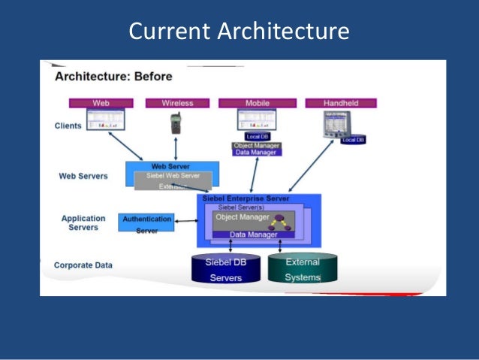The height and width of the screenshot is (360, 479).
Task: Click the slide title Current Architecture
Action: click(x=239, y=32)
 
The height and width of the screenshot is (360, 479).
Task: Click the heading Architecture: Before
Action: click(x=113, y=76)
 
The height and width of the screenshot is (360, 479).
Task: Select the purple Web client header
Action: click(x=101, y=102)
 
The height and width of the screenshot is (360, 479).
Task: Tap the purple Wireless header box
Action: click(x=176, y=102)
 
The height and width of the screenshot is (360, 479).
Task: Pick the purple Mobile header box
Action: click(x=258, y=102)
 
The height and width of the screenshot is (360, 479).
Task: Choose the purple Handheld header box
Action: click(x=340, y=102)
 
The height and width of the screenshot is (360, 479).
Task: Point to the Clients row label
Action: click(x=68, y=126)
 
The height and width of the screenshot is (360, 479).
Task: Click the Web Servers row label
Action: click(x=83, y=177)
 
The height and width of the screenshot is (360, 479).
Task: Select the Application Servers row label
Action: click(x=83, y=223)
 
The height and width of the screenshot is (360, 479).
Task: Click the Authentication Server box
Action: click(x=146, y=222)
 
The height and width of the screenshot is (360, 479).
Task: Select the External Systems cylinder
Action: click(x=302, y=269)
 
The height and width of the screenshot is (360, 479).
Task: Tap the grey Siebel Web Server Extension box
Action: click(x=173, y=180)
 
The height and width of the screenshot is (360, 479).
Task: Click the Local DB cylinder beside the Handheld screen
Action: click(x=352, y=140)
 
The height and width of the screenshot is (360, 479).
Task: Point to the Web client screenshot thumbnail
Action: click(x=105, y=120)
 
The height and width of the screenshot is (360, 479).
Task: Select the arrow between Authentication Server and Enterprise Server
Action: click(x=185, y=219)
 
